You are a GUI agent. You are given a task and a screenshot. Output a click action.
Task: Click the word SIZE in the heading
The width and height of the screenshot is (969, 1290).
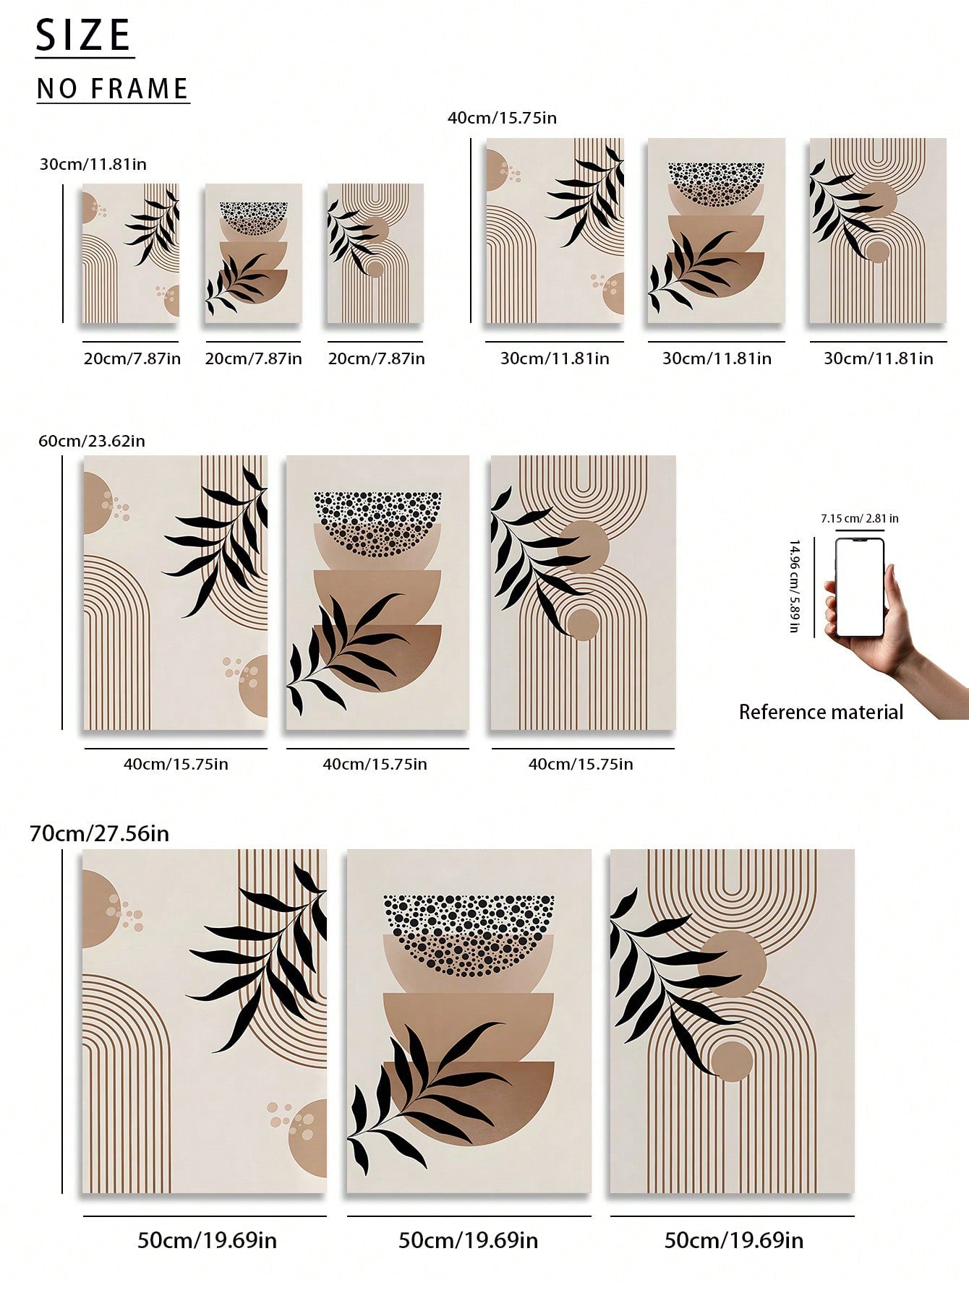[x=84, y=35]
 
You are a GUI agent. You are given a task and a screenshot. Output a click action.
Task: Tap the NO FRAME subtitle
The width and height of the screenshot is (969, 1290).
[x=113, y=89]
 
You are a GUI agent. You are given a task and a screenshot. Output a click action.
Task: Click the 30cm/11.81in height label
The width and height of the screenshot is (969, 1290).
[x=93, y=164]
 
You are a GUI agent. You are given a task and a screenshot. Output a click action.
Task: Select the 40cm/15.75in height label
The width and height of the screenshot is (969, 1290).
[x=503, y=118]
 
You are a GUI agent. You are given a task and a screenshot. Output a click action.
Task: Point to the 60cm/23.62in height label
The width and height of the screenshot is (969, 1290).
[x=92, y=441]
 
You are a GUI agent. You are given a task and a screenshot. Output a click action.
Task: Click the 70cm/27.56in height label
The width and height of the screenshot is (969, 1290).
[x=99, y=833]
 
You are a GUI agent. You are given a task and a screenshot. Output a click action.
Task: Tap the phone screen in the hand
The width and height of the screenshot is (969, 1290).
[x=860, y=588]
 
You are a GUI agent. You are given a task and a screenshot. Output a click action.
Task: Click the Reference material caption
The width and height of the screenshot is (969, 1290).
[x=821, y=712]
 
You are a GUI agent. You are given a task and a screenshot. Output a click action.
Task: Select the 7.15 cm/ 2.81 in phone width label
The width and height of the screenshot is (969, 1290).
[x=860, y=518]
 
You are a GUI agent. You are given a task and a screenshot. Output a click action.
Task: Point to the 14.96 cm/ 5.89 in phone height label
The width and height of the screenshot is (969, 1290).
[x=794, y=586]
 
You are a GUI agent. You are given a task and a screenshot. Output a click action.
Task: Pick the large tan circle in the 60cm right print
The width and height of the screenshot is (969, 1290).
[x=583, y=548]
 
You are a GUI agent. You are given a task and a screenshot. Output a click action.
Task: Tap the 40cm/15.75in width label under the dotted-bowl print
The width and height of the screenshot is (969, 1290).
[x=375, y=764]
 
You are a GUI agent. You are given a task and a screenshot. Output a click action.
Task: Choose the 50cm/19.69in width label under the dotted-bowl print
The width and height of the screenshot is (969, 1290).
[x=469, y=1240]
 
